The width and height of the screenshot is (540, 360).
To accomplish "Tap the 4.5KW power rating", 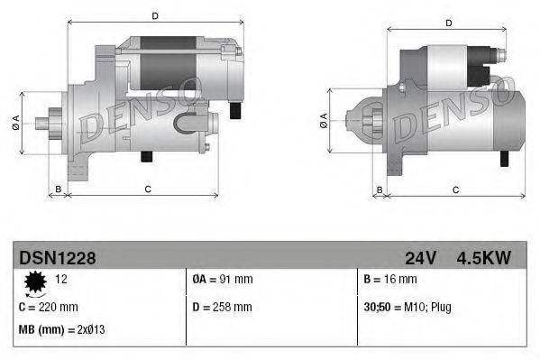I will coord(483,258).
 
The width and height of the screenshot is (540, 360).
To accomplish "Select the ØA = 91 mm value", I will coord(224,280).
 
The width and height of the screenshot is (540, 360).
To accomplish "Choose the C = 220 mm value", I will coord(49,307).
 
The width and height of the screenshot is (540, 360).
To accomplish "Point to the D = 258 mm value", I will coord(224,307).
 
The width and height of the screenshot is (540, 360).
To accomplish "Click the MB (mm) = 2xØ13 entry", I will coord(60,329).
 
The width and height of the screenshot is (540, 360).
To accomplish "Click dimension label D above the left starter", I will coord(154,15).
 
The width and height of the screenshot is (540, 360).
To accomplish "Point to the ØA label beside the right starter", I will coord(324,121).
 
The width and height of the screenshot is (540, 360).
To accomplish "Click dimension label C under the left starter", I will coord(147,189).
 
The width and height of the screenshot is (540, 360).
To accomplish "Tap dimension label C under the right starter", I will coord(455,189).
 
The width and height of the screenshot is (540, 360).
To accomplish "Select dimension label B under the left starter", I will coord(59,189).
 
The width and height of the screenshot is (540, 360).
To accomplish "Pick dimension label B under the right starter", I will coord(380,189).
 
